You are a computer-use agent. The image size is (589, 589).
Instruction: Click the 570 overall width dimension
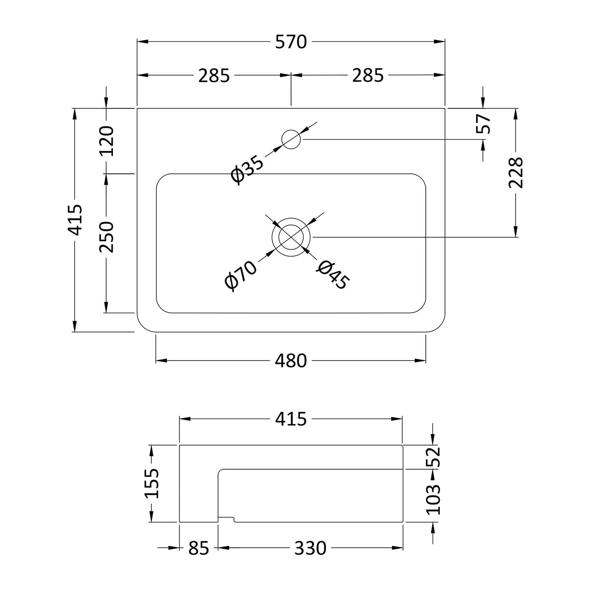tap(291, 42)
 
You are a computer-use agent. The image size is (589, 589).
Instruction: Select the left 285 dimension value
tap(214, 75)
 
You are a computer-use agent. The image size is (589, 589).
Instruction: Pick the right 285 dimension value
tap(368, 75)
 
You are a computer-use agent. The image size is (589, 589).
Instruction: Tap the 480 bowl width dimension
tap(291, 361)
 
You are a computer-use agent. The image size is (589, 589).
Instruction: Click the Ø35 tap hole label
tap(247, 170)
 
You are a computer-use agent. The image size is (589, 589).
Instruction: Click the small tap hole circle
tap(291, 139)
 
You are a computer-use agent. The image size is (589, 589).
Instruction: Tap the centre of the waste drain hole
tap(291, 237)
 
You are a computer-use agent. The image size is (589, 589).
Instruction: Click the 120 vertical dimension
tap(107, 141)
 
